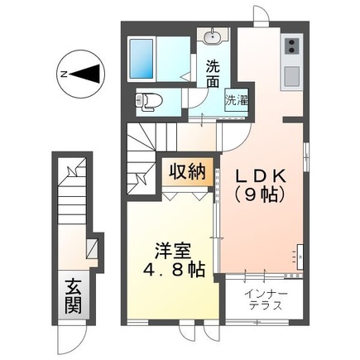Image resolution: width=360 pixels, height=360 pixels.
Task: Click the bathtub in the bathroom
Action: click(157, 55)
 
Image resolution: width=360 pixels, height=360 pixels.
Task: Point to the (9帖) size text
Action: click(261, 195)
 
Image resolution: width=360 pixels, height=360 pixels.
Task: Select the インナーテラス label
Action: click(266, 299)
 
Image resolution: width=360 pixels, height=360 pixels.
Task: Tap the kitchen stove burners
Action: click(292, 48)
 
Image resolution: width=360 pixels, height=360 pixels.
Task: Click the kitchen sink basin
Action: click(292, 76)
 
